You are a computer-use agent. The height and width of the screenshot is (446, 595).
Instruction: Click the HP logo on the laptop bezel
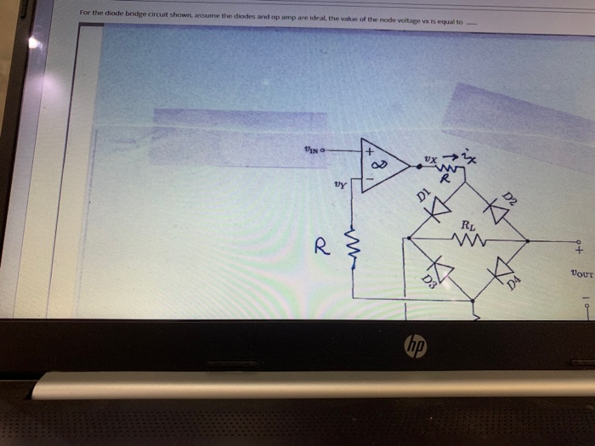coord(416,347)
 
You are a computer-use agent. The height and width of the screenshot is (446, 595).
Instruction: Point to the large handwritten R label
coord(321,247)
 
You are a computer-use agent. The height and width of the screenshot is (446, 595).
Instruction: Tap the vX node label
coord(432,159)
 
